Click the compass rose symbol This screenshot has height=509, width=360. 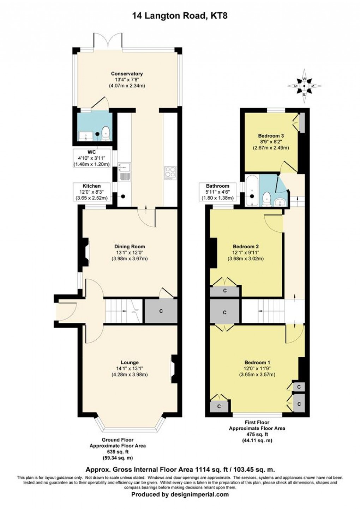[304, 86]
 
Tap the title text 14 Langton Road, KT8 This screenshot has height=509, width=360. [180, 15]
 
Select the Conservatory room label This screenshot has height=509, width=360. [127, 73]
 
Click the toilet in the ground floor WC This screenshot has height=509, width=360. [106, 133]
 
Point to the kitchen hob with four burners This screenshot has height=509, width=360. [170, 172]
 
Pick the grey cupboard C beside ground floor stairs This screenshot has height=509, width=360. [161, 311]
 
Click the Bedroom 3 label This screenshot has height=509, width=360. [271, 135]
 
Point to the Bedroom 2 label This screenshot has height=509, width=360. [246, 247]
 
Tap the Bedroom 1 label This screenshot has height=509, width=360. [257, 363]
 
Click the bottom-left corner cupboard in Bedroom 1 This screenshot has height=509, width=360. [219, 406]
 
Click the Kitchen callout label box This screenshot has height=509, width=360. [92, 192]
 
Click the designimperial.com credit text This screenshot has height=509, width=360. [180, 495]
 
